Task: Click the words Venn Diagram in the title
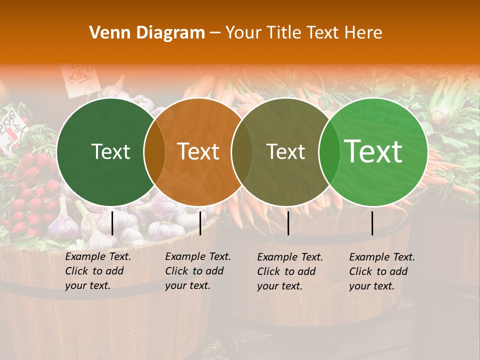[147, 33]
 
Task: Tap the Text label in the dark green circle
[110, 151]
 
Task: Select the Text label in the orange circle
[198, 151]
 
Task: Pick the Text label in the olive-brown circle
[285, 151]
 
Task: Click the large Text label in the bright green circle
[373, 151]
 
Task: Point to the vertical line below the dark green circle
[112, 223]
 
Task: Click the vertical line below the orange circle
[200, 223]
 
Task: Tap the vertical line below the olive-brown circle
[288, 223]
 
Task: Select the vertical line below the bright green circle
[372, 223]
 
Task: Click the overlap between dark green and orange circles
[154, 151]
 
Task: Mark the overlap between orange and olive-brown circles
[242, 151]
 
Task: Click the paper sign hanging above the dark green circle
[79, 76]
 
